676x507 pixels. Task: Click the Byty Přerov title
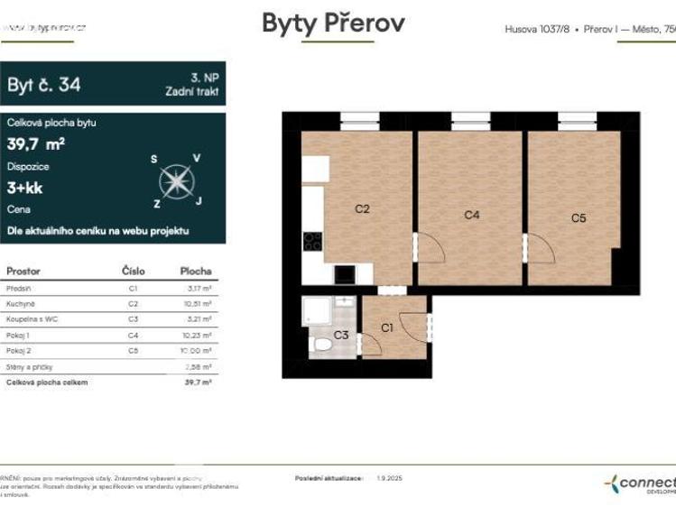click(x=333, y=23)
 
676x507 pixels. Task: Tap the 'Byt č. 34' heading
click(x=44, y=85)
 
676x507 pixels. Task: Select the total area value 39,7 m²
click(x=36, y=143)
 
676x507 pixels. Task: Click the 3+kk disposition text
click(x=25, y=189)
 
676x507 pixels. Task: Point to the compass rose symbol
click(x=177, y=180)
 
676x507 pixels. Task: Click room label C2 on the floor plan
click(x=362, y=208)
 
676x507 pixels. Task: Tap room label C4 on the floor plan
click(x=471, y=215)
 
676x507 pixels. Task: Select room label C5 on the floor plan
click(x=579, y=217)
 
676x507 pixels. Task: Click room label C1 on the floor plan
click(x=386, y=327)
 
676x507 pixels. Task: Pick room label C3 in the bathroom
click(x=341, y=336)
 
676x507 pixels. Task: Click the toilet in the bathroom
click(x=321, y=344)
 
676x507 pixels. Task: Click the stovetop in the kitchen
click(x=312, y=240)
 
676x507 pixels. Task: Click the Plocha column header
click(x=195, y=271)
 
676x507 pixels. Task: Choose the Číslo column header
click(x=133, y=271)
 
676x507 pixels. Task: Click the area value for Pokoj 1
click(x=196, y=335)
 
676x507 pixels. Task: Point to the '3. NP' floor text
click(x=204, y=78)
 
